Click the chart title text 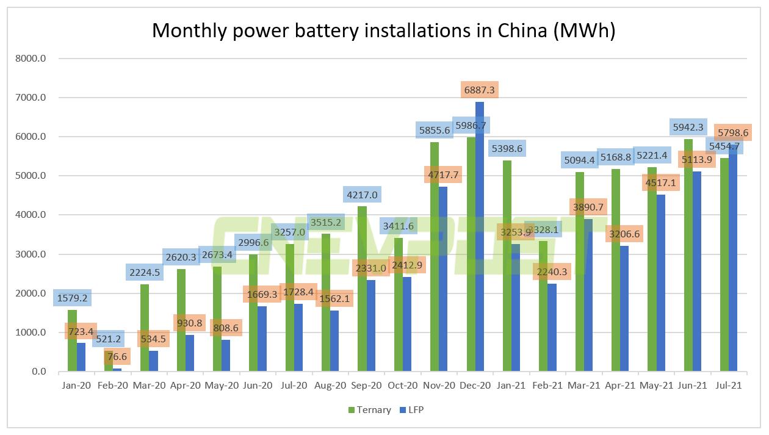click(x=383, y=31)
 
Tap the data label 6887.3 click(x=480, y=89)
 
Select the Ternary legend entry click(x=369, y=410)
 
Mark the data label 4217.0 click(x=362, y=195)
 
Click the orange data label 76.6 click(x=117, y=356)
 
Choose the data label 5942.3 click(x=688, y=128)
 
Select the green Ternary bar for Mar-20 click(x=144, y=329)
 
